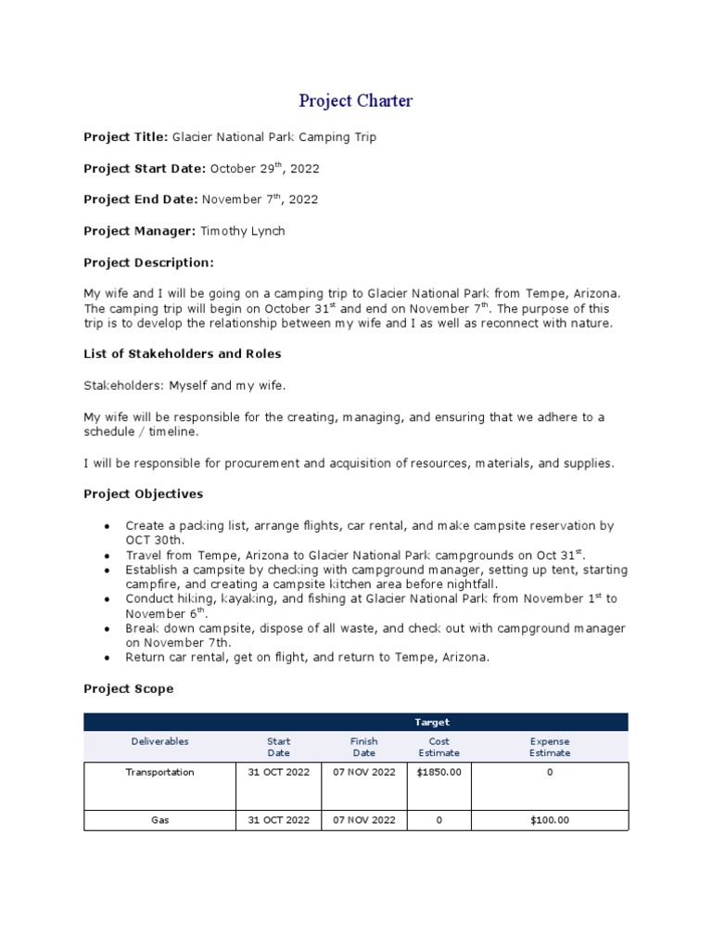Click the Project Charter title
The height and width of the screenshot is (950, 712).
(355, 101)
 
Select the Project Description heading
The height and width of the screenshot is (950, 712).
(148, 263)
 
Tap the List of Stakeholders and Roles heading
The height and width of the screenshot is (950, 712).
(183, 353)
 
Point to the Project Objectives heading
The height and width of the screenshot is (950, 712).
(144, 494)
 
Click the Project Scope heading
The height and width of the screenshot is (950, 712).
(128, 689)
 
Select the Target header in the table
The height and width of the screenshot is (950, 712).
(432, 722)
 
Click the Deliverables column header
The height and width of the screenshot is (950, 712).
(159, 741)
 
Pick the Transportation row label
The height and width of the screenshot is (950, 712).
(159, 773)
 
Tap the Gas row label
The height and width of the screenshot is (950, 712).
(159, 820)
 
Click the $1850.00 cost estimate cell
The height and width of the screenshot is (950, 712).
(439, 773)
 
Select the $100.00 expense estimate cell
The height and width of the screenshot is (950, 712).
(550, 820)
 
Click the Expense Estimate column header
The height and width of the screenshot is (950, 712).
(550, 747)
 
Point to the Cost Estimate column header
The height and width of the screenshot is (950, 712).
(439, 747)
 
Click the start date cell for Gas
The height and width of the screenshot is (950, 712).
(279, 820)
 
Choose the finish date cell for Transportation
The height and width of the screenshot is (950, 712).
(363, 773)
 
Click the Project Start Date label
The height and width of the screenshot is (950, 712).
(145, 169)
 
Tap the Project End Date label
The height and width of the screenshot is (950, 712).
(141, 199)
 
